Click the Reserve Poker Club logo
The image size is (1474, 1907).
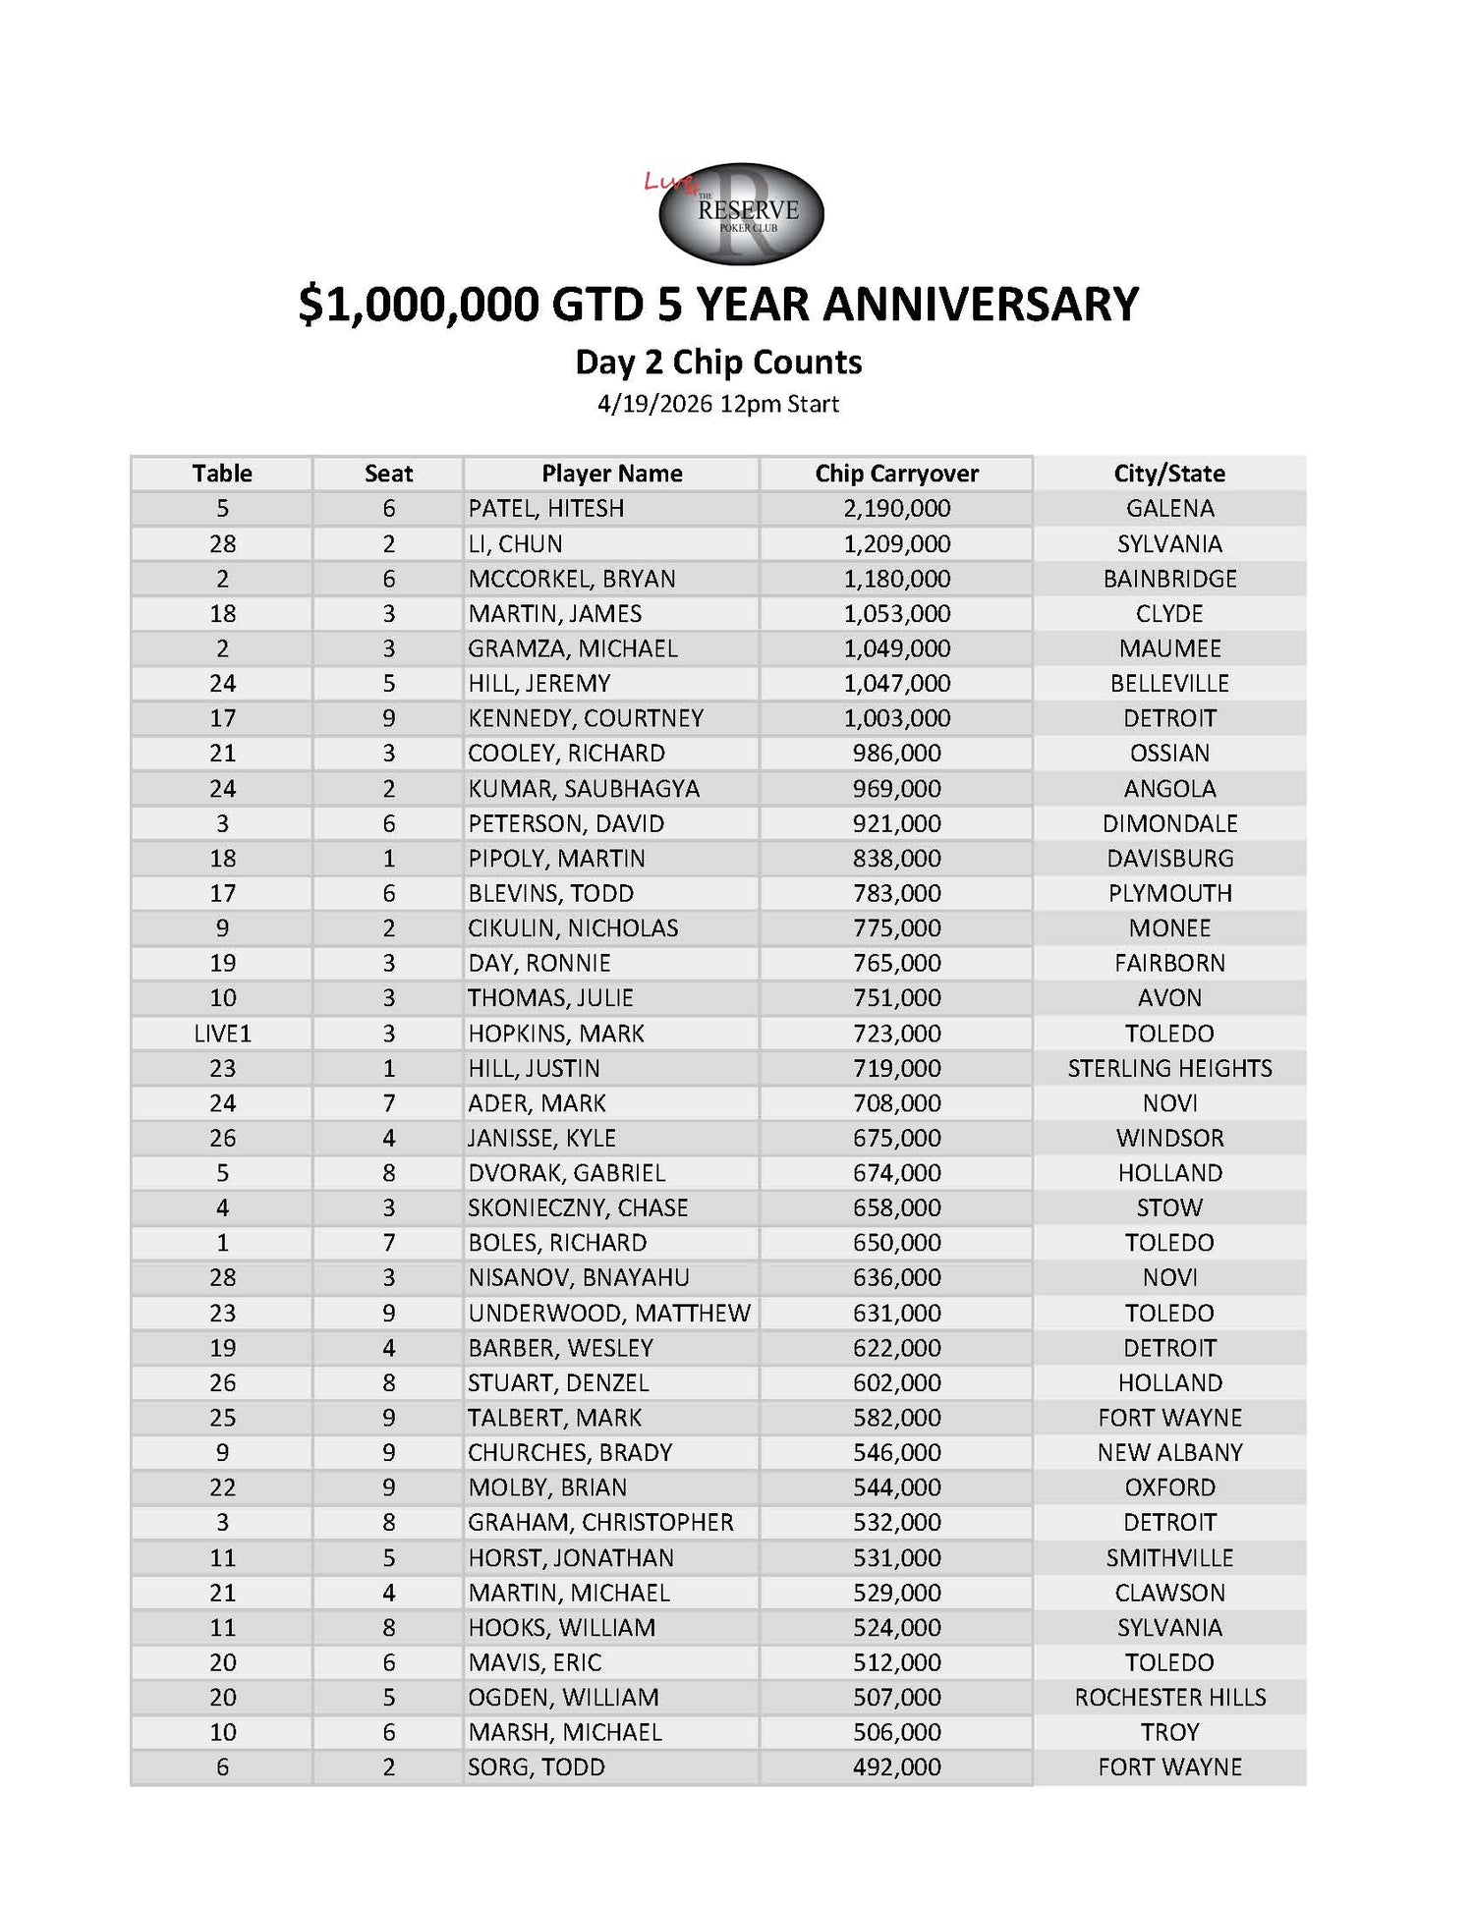coord(741,213)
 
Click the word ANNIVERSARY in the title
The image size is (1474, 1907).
coord(980,304)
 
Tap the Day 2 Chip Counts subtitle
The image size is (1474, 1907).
coord(718,363)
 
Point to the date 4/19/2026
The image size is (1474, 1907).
coord(654,404)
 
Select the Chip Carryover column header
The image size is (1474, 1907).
coord(896,474)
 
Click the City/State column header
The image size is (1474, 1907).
coord(1169,474)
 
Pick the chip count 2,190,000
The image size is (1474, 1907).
coord(896,508)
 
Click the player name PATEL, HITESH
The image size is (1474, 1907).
coord(546,508)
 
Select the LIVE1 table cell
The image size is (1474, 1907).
coord(223,1034)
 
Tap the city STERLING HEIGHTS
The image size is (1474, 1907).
coord(1169,1068)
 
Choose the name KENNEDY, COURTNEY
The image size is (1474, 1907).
coord(586,718)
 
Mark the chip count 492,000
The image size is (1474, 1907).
coord(896,1767)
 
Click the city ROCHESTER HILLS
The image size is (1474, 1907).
coord(1169,1698)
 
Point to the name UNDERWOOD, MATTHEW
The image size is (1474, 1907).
coord(609,1314)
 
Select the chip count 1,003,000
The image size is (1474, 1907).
coord(896,718)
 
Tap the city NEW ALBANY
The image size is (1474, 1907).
coord(1169,1453)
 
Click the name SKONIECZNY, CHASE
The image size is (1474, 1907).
coord(578,1208)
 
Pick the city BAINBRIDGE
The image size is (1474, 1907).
coord(1169,579)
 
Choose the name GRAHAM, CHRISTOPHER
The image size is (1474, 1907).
coord(600,1523)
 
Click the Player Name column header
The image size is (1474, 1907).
coord(611,474)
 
